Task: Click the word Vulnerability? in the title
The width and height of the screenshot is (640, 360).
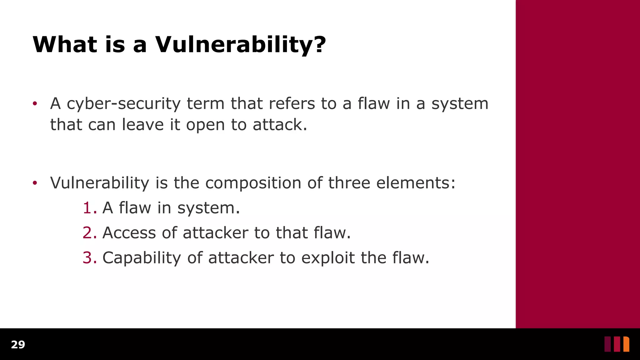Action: pyautogui.click(x=241, y=44)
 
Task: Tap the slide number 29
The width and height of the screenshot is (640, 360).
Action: pyautogui.click(x=18, y=345)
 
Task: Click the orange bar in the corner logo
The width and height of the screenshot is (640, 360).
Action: pyautogui.click(x=626, y=344)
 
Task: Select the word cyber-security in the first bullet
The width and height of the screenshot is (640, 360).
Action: pyautogui.click(x=123, y=104)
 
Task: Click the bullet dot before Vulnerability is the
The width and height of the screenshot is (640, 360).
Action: pyautogui.click(x=35, y=183)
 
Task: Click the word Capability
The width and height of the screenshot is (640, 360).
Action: pyautogui.click(x=142, y=258)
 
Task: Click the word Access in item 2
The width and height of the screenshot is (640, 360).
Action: pyautogui.click(x=129, y=233)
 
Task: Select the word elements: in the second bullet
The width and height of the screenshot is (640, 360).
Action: pyautogui.click(x=416, y=183)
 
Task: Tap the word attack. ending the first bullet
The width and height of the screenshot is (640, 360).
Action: pyautogui.click(x=280, y=125)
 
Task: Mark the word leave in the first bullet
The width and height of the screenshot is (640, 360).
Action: pyautogui.click(x=142, y=125)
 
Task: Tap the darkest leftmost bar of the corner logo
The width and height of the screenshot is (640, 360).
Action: pyautogui.click(x=607, y=344)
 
